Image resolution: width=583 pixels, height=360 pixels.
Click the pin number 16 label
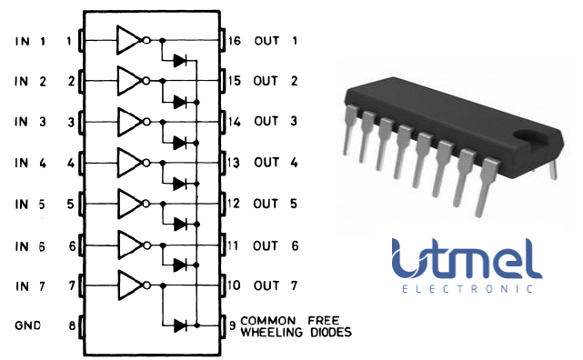pos(234,41)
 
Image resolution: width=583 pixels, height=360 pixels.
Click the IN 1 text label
pos(29,41)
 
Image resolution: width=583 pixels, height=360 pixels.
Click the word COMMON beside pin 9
pos(269,321)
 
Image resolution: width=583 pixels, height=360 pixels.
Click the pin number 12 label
pos(234,204)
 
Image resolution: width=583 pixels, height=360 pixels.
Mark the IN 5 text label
pos(29,204)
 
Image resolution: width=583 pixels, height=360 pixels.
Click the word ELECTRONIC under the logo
pos(466,290)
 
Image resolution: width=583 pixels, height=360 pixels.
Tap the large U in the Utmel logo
pos(411,258)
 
